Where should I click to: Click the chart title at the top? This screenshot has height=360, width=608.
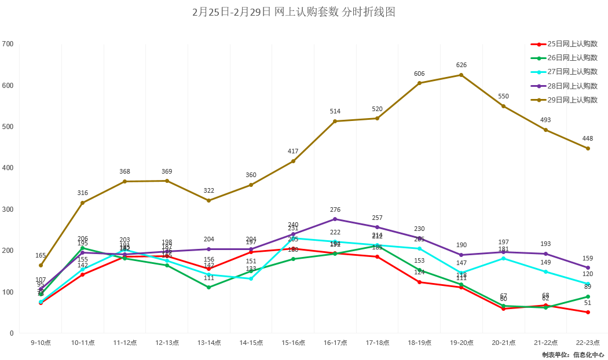point(294,12)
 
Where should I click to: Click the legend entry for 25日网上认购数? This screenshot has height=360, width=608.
point(572,44)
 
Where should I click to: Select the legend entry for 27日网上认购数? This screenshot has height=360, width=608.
point(572,72)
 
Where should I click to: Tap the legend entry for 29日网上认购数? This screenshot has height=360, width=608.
point(572,100)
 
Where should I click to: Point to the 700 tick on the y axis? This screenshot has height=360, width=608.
point(8,44)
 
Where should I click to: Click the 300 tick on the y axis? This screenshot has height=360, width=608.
point(8,210)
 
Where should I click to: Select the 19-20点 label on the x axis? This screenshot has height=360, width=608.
point(462,343)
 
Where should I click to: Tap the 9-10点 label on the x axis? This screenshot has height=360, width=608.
point(41,343)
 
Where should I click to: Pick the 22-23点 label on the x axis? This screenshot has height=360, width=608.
point(588,343)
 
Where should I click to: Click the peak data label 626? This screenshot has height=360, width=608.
point(462,65)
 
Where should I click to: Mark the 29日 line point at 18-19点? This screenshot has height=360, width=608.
point(419,83)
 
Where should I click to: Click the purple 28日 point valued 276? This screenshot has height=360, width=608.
point(335,219)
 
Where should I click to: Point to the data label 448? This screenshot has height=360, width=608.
point(588,138)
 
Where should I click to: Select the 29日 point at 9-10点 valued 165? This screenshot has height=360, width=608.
point(41,266)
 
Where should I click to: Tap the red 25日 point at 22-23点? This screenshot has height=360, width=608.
point(588,313)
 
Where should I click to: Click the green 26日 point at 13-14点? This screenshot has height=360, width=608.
point(209,288)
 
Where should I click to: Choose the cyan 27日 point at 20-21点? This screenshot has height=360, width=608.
point(504,258)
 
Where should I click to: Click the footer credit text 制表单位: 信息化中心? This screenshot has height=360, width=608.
point(573,355)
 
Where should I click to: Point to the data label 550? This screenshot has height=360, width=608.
point(504,96)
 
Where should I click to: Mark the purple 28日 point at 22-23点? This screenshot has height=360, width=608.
point(588,268)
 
